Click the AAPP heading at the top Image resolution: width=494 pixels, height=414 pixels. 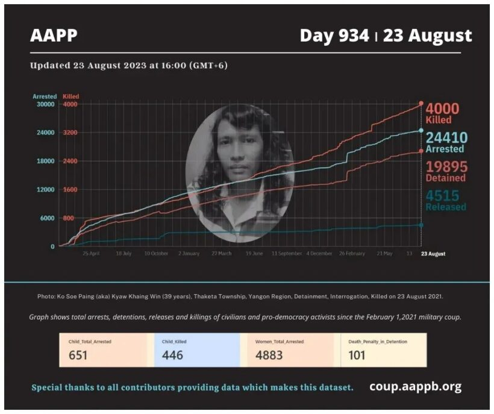point(54,36)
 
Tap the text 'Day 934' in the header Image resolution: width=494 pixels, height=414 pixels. point(334,36)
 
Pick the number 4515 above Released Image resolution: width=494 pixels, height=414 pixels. point(443,195)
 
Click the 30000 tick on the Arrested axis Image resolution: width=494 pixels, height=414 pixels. point(45,104)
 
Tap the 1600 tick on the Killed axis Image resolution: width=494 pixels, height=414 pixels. point(70,190)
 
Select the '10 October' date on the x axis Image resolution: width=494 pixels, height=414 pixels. point(155,254)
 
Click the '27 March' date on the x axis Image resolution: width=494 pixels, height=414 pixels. point(220,254)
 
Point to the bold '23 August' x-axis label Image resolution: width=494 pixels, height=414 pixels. point(433,254)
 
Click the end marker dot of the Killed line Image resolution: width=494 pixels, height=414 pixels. point(421,104)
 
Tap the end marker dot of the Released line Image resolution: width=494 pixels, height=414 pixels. point(421,225)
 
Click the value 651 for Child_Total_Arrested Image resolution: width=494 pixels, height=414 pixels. point(78,355)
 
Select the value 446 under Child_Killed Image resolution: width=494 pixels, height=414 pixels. point(172,355)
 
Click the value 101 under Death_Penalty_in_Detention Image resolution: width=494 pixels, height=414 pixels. point(357,355)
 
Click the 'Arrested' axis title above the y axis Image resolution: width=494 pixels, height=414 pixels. point(45,96)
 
